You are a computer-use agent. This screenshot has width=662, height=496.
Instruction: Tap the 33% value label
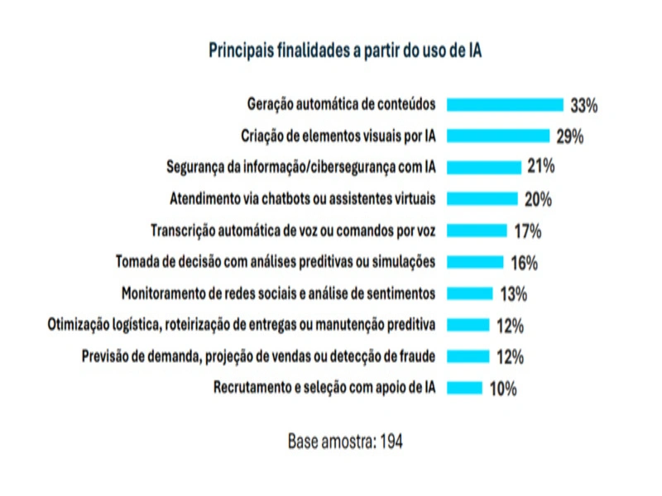[x=583, y=105]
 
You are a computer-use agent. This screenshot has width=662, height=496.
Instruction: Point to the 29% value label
[x=570, y=136]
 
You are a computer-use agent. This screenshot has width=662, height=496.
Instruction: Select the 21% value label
[x=540, y=167]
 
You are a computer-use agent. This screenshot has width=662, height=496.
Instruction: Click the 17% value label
[x=527, y=231]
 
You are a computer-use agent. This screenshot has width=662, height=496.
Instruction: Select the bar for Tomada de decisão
[x=475, y=262]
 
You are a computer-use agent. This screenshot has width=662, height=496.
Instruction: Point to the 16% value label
[x=524, y=263]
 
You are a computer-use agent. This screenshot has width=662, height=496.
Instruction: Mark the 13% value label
[x=513, y=293]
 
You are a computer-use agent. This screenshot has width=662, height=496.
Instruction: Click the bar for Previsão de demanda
[x=468, y=356]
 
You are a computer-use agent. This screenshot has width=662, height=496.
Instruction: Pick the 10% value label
[x=503, y=389]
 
